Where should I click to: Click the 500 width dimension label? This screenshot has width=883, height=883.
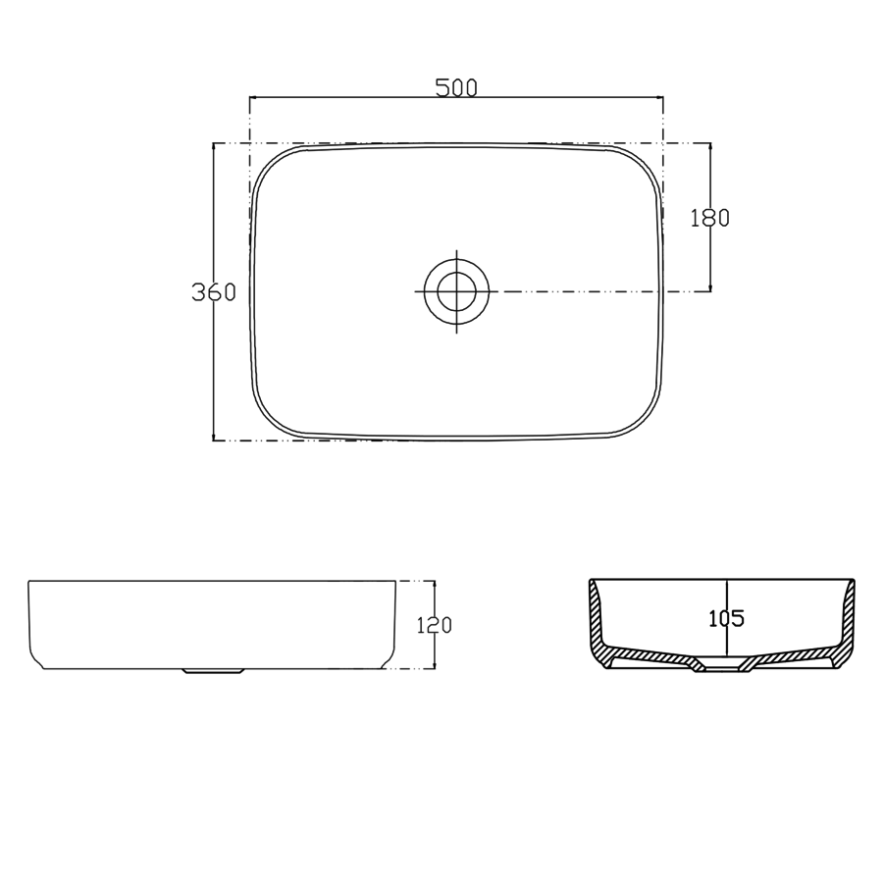[456, 87]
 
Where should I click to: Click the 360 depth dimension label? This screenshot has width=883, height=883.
[213, 291]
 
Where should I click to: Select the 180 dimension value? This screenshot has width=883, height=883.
[710, 218]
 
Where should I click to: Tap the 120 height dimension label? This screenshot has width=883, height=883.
[435, 625]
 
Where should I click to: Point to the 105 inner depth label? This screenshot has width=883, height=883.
[726, 618]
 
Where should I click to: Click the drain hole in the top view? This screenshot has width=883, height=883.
[456, 291]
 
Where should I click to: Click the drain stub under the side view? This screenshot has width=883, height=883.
[213, 672]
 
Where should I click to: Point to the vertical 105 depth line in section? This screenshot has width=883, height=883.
[726, 589]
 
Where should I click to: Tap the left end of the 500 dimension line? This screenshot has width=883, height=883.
[250, 97]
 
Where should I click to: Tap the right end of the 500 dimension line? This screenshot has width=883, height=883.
[663, 97]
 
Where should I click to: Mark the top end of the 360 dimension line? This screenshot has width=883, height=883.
[213, 143]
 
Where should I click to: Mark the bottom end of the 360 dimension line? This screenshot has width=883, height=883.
[213, 441]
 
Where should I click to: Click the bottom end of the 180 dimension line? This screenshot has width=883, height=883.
[710, 291]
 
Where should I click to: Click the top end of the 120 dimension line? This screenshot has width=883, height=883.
[435, 580]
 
